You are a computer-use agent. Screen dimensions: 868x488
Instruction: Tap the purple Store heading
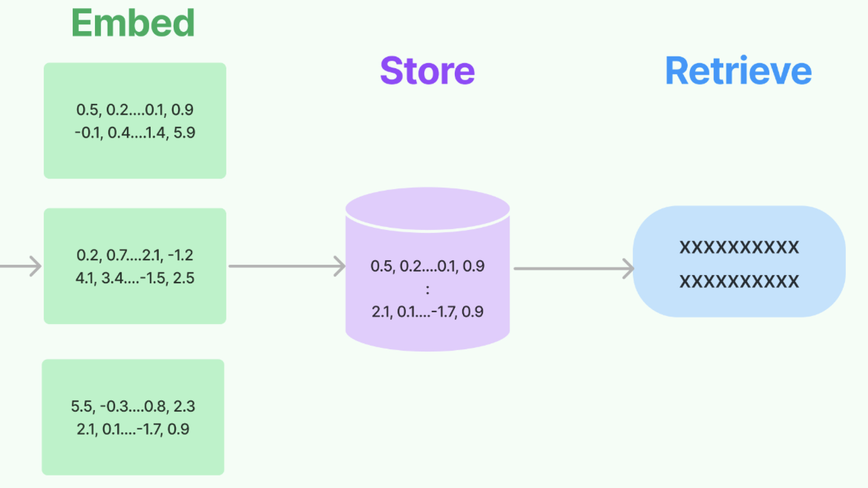[427, 71]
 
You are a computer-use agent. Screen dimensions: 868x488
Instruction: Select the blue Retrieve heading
[738, 71]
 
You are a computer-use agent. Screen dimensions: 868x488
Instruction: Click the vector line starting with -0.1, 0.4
[135, 132]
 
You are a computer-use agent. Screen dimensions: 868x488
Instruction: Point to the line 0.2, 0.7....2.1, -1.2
[135, 255]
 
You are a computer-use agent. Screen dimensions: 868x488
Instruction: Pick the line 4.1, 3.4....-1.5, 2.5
[135, 278]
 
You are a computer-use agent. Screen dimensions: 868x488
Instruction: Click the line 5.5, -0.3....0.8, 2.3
[133, 406]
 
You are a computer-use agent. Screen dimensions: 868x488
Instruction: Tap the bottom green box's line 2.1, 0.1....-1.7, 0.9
[133, 429]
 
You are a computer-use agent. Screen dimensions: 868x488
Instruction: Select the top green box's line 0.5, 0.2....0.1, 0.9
[135, 110]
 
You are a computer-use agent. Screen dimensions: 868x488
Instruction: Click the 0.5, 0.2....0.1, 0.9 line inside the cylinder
[427, 266]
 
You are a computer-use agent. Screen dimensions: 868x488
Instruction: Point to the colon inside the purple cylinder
[427, 290]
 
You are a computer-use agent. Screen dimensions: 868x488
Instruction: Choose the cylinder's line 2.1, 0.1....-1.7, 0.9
[427, 312]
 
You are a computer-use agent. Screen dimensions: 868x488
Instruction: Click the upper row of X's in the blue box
[739, 247]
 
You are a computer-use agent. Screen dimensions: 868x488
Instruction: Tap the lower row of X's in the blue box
[739, 282]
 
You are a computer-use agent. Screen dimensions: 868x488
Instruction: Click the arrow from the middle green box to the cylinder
[287, 266]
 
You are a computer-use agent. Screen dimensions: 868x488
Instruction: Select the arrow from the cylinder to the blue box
[574, 268]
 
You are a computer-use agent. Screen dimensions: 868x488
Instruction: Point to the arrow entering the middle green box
[21, 266]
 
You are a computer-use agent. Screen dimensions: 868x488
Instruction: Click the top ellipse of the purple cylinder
[428, 209]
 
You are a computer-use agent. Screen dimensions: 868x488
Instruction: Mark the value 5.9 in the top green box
[184, 132]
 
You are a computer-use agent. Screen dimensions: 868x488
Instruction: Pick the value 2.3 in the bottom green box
[184, 406]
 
